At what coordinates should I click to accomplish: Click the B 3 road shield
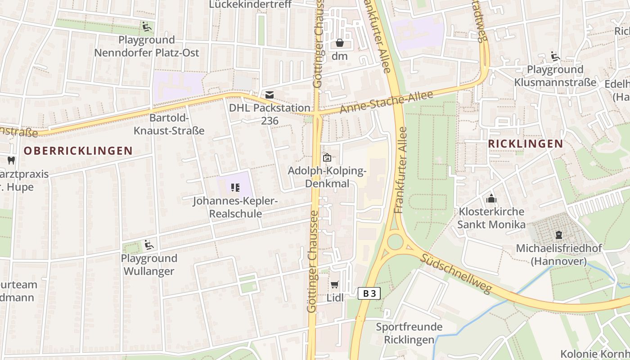[369, 294]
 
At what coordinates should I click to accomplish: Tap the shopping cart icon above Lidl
[334, 285]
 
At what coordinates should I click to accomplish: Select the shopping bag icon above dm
[340, 43]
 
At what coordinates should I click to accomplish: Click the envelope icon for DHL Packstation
[270, 95]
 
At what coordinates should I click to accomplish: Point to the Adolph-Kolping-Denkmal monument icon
[327, 157]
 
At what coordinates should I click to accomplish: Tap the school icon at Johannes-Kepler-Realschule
[235, 187]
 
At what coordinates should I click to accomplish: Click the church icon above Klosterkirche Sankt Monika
[491, 198]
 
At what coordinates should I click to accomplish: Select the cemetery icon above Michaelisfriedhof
[558, 235]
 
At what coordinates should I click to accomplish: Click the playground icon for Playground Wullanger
[149, 245]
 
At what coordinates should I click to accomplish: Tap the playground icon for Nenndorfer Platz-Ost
[146, 27]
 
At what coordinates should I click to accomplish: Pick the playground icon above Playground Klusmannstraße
[555, 56]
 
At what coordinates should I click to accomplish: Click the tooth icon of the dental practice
[11, 160]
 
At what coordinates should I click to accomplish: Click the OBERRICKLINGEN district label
[78, 151]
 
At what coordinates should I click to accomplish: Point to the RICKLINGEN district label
[525, 144]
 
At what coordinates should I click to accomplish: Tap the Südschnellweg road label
[457, 273]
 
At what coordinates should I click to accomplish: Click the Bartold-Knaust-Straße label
[169, 125]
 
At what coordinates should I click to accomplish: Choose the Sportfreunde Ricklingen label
[409, 333]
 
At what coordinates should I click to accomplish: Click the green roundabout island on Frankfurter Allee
[395, 242]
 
